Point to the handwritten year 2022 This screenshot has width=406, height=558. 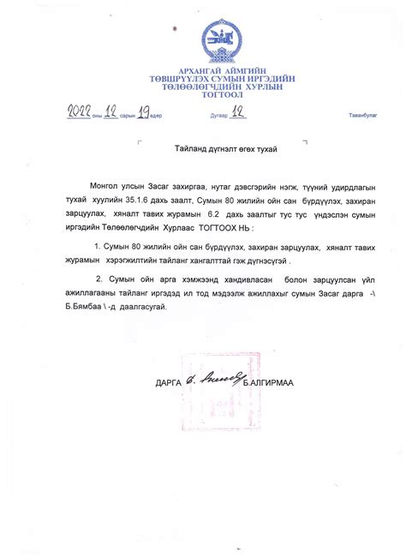[82, 111]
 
